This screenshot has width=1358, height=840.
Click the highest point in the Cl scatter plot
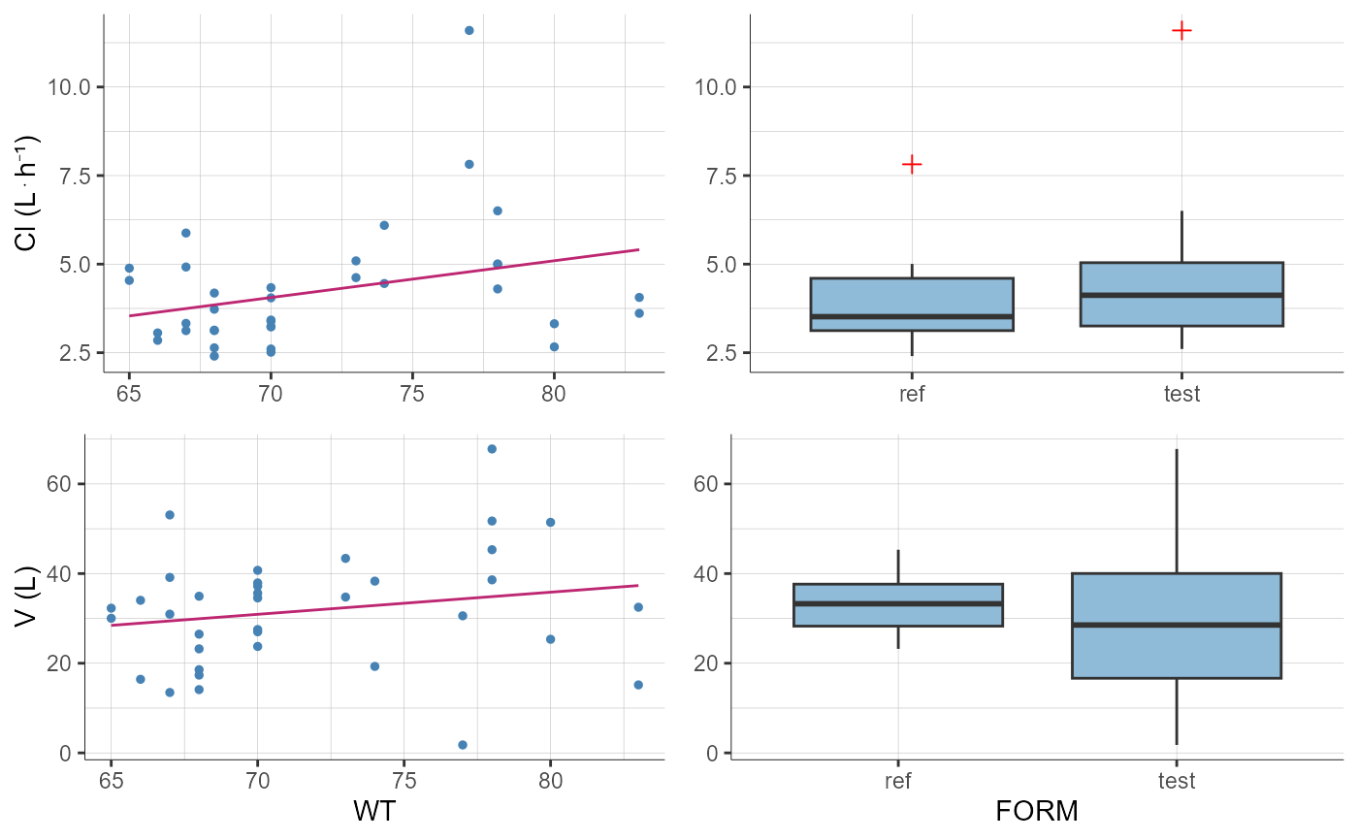[469, 30]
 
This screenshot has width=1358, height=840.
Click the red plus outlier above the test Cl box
[1181, 30]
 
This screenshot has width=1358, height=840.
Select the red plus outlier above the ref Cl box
[912, 164]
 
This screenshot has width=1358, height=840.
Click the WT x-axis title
[374, 810]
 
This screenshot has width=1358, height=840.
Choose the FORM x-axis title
[1037, 810]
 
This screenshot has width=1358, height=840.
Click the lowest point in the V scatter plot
[463, 745]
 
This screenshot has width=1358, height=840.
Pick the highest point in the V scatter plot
[492, 449]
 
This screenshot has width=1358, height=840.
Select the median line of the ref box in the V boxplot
[898, 603]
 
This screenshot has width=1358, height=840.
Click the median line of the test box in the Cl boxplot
[1181, 295]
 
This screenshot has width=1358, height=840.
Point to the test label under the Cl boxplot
[1181, 394]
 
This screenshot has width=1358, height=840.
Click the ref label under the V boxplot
[898, 781]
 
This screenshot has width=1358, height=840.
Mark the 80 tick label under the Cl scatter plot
[554, 395]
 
